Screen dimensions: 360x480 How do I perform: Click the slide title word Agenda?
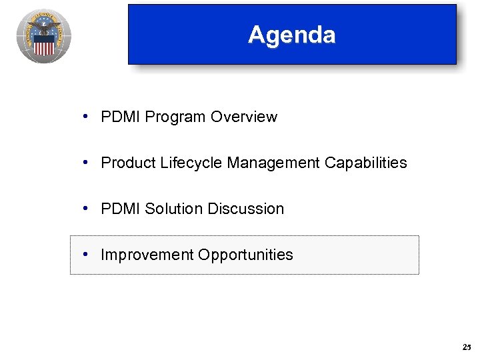[291, 35]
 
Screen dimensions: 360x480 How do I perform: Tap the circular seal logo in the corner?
[44, 36]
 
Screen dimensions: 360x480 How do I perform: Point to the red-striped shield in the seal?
[44, 46]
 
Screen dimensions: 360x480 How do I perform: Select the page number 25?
[465, 347]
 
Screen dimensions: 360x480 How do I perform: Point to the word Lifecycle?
[191, 163]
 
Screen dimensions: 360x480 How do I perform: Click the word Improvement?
[146, 255]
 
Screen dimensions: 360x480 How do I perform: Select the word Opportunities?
[245, 255]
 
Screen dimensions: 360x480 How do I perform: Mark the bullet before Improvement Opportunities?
[87, 255]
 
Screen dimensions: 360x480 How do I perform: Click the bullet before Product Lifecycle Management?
[87, 163]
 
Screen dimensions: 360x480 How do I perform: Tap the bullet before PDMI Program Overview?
[87, 117]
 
